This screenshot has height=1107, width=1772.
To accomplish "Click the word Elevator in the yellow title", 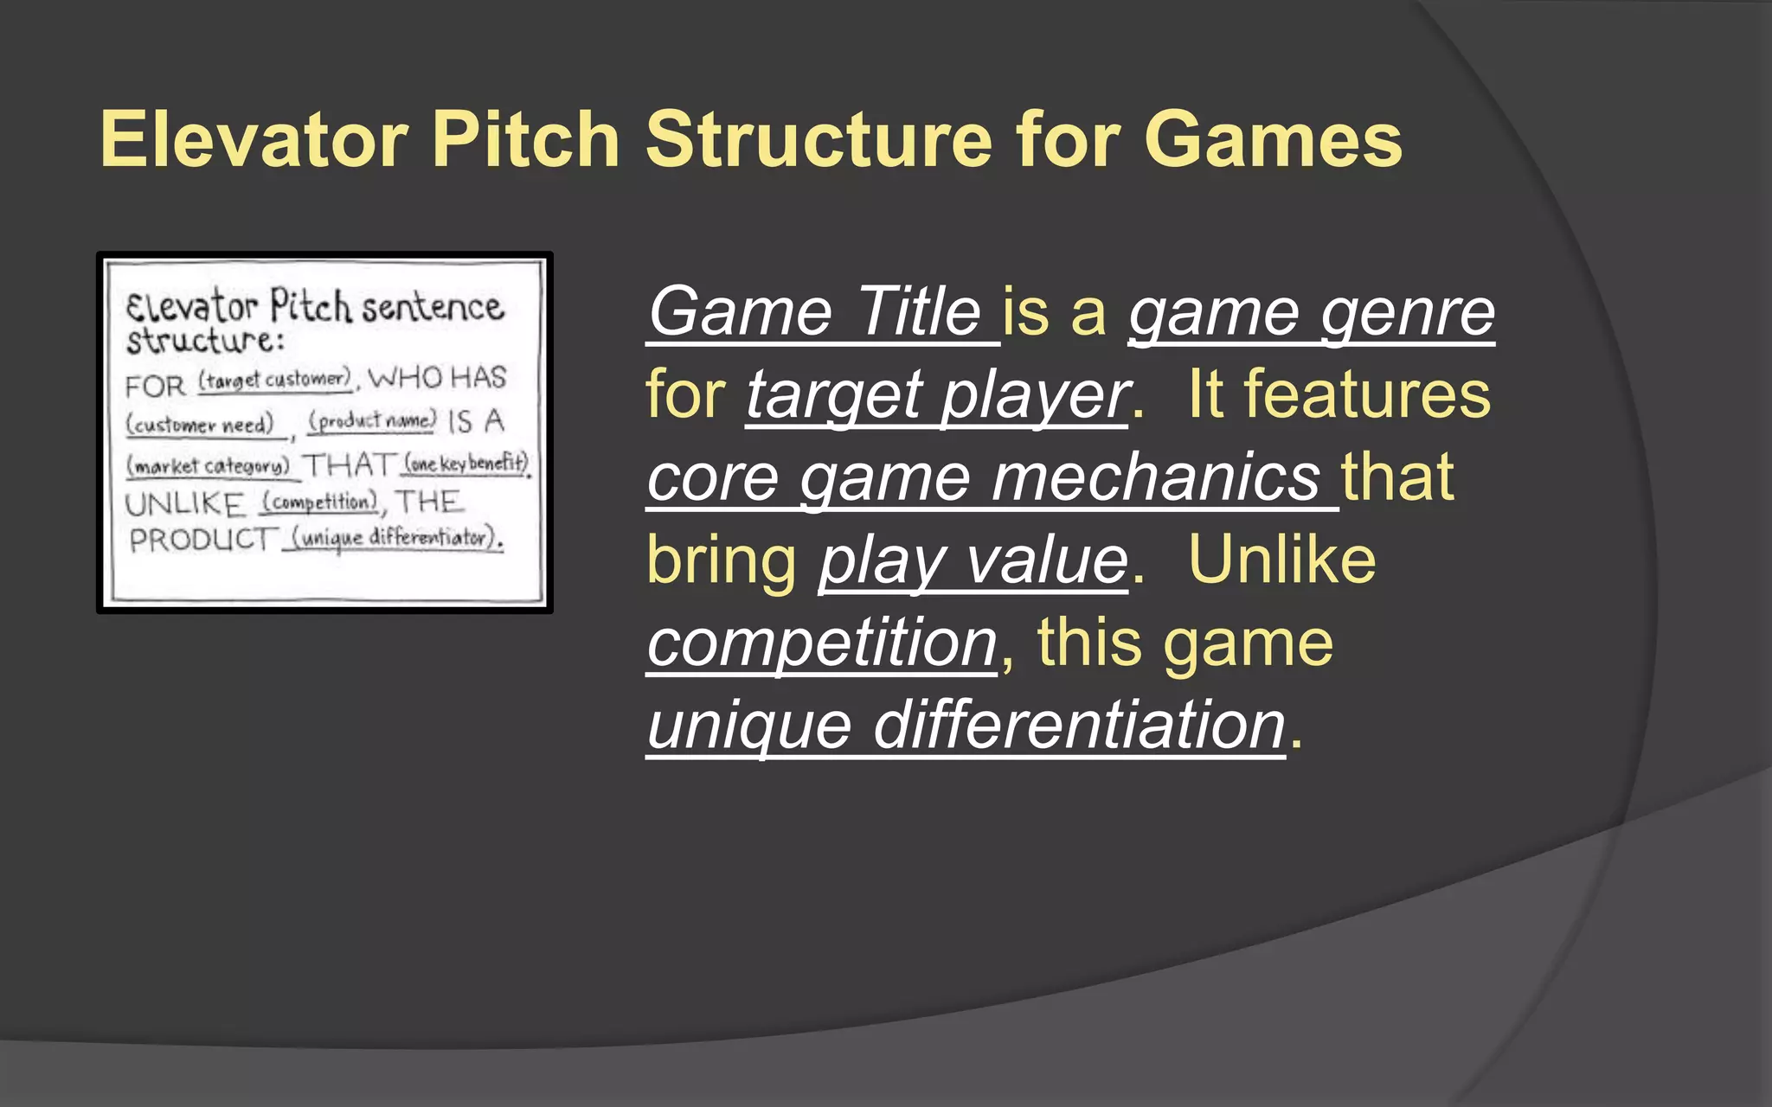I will pyautogui.click(x=254, y=140).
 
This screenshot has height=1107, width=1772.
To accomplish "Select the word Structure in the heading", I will pyautogui.click(x=819, y=140).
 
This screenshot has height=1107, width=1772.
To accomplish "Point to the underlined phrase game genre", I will pyautogui.click(x=1312, y=312).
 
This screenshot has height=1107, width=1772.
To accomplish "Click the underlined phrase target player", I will pyautogui.click(x=937, y=395).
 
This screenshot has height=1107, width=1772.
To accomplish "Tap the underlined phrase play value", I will pyautogui.click(x=973, y=561).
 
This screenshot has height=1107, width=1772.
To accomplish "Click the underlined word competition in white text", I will pyautogui.click(x=823, y=643).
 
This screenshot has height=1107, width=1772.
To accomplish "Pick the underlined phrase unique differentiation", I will pyautogui.click(x=966, y=726).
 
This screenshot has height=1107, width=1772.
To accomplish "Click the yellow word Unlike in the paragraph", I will pyautogui.click(x=1281, y=560).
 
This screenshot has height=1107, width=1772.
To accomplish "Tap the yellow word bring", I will pyautogui.click(x=721, y=561).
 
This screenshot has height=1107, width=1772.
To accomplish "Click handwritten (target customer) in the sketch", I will pyautogui.click(x=275, y=381).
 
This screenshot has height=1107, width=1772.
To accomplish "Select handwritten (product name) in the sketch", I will pyautogui.click(x=373, y=421).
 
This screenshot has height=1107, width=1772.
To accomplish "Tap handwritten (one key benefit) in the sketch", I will pyautogui.click(x=466, y=464).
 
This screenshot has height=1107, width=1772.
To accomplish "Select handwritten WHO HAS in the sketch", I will pyautogui.click(x=437, y=378).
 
